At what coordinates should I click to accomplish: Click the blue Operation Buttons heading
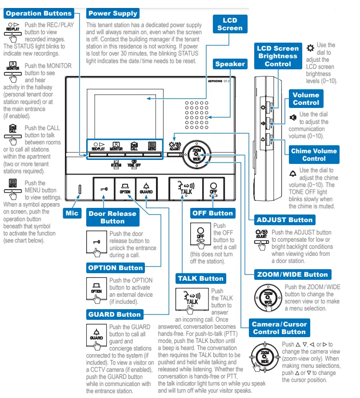39,13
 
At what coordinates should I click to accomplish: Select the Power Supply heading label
112,13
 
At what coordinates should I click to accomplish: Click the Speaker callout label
230,64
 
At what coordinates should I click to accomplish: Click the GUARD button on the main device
146,188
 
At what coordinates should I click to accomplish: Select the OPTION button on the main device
125,188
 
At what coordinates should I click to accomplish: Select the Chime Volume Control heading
314,155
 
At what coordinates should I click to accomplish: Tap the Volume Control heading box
306,99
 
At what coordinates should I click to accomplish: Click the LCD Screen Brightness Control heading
277,56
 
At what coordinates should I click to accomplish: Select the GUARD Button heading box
115,314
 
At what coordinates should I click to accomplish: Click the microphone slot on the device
80,189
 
